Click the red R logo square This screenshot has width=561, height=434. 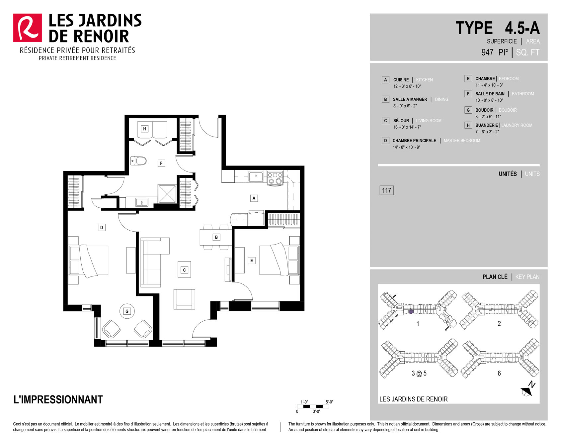click(x=28, y=28)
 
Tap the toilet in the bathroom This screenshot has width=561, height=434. click(x=138, y=161)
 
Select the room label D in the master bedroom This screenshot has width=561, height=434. click(x=102, y=228)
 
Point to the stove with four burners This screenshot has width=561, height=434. click(x=275, y=178)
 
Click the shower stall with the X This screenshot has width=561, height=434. click(x=167, y=194)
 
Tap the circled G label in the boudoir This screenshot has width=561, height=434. click(x=127, y=311)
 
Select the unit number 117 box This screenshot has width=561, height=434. click(x=386, y=190)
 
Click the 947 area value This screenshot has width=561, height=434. click(x=487, y=53)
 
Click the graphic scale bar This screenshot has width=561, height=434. click(x=313, y=406)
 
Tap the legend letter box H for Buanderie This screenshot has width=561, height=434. click(x=468, y=125)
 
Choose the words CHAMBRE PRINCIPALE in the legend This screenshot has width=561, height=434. click(x=414, y=141)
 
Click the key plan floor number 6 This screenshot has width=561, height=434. click(x=499, y=373)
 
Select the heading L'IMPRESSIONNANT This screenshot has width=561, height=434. click(x=58, y=399)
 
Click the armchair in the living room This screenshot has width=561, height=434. click(x=184, y=299)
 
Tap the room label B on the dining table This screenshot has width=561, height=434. click(x=216, y=237)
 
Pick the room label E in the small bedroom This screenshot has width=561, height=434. click(x=252, y=261)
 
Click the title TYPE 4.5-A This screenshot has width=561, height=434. click(x=498, y=28)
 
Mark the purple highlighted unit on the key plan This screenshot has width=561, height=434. click(x=411, y=312)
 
